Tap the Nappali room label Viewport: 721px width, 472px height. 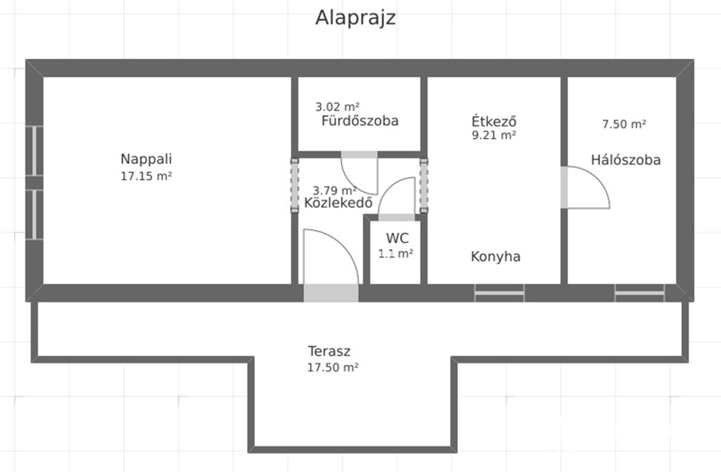pos(146,159)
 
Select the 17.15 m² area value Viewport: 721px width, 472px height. pos(146,176)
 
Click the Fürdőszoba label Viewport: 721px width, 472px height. pos(360,121)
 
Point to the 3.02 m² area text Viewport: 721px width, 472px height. pos(337,107)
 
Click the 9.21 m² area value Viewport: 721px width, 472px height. pos(494,135)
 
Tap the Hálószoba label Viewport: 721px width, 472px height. pos(626,160)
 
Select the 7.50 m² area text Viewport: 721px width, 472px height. pos(624,124)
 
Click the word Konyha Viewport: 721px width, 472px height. pos(496,256)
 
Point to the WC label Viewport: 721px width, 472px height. pos(397,238)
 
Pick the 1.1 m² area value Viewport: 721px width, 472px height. pos(396,253)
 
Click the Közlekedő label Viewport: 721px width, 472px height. pos(338,203)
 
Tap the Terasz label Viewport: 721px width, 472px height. pos(329,351)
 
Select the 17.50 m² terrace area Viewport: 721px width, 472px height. pos(333,367)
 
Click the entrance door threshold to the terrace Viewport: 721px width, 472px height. pos(331,293)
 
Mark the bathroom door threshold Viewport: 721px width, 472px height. pos(359,155)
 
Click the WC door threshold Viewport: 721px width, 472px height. pos(397,218)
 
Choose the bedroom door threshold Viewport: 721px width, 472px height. pos(564,187)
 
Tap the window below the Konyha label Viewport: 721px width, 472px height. pos(499,293)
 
